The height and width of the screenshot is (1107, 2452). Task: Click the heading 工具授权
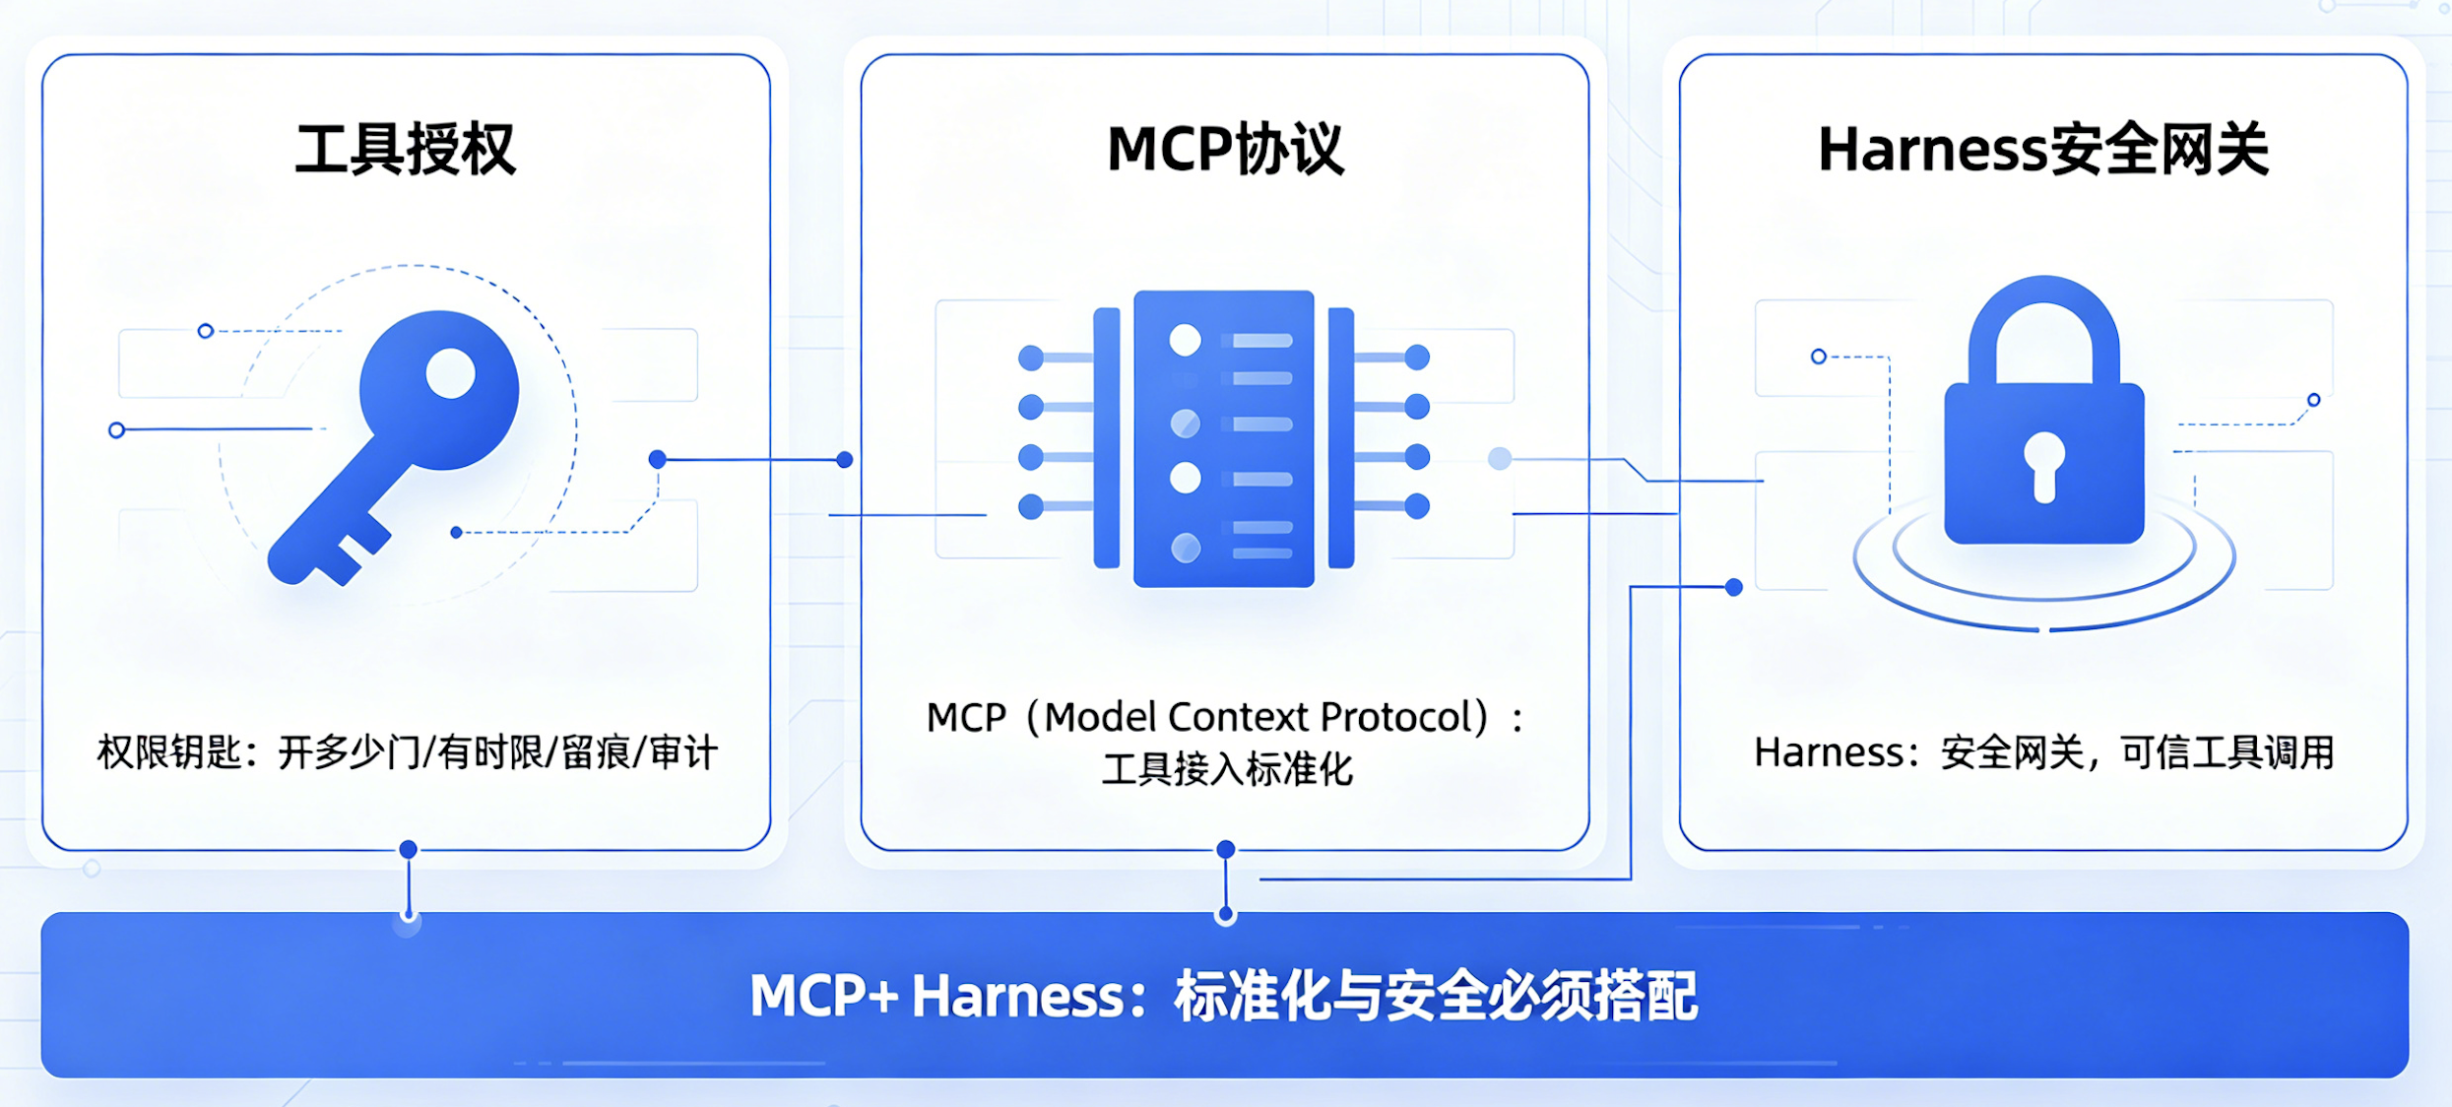(x=406, y=150)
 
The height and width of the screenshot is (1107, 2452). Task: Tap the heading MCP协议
(x=1225, y=150)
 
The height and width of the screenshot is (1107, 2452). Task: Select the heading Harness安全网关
(x=2043, y=150)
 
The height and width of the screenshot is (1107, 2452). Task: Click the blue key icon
(x=394, y=448)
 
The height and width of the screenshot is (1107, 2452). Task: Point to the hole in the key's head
(x=451, y=373)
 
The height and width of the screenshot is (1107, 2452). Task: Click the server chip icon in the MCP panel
(x=1224, y=438)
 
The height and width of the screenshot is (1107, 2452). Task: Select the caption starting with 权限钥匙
(x=408, y=752)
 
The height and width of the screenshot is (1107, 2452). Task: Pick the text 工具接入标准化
(x=1227, y=769)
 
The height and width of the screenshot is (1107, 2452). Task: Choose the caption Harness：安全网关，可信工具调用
(x=2044, y=752)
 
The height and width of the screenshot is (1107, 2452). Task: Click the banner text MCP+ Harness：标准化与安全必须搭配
(x=1224, y=995)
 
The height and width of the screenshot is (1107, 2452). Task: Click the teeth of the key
(x=350, y=552)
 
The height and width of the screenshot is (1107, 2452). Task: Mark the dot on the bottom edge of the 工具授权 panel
(x=408, y=849)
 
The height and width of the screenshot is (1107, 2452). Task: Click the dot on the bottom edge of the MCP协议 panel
(x=1226, y=849)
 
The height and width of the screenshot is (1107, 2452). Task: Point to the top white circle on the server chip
(x=1185, y=340)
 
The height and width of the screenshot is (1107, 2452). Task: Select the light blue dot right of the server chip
(x=1500, y=458)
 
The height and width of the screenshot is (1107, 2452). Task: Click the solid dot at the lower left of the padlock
(x=1734, y=588)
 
